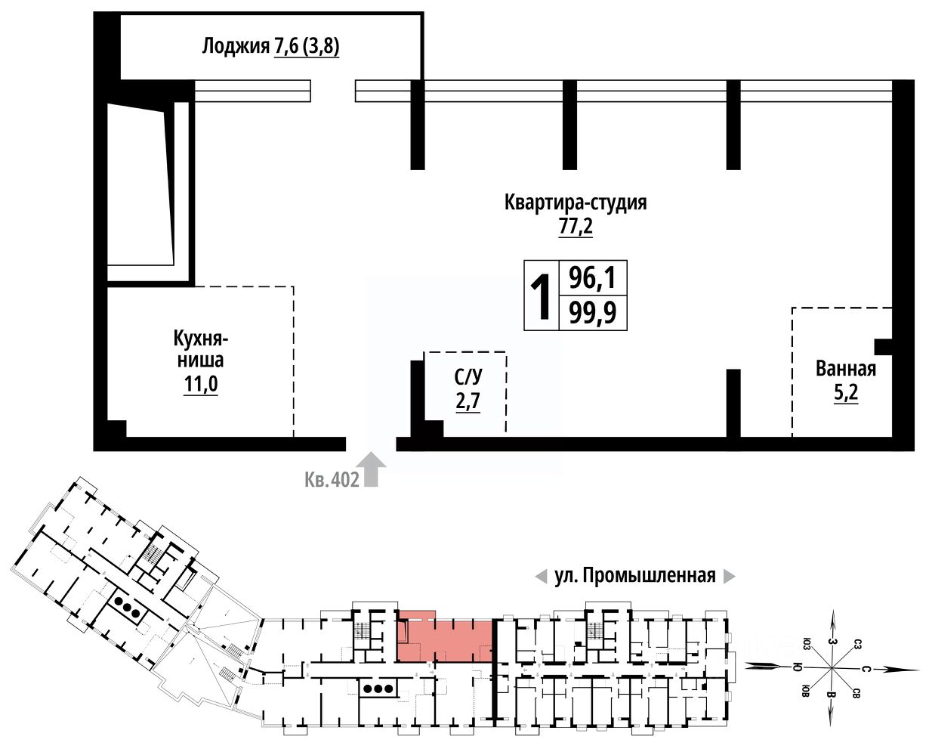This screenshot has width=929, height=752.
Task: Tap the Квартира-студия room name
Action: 576,203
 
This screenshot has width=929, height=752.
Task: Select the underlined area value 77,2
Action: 576,226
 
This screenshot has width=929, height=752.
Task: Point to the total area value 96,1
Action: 593,279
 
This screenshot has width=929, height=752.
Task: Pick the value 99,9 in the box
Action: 593,311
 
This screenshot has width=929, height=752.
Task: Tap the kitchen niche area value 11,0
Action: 200,385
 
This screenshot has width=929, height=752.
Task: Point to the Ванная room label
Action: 846,369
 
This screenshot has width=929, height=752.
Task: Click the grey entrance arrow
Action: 372,469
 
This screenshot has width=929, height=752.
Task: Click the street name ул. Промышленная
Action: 634,576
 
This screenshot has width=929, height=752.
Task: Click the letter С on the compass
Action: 866,669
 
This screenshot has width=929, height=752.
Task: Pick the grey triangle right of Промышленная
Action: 729,577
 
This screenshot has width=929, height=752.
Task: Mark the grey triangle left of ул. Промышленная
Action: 540,577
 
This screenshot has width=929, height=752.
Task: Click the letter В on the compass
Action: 831,695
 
